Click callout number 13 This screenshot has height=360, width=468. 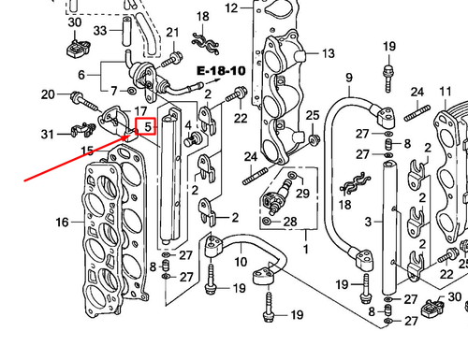pos(328,54)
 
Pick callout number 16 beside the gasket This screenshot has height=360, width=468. pos(62,222)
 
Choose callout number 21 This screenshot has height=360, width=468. pos(171,34)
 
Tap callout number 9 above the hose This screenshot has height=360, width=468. pos(348,77)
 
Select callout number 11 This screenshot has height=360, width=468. pos(445,91)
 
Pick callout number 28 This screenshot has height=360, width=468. pos(290,222)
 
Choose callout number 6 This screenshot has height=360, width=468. pos(81,74)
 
